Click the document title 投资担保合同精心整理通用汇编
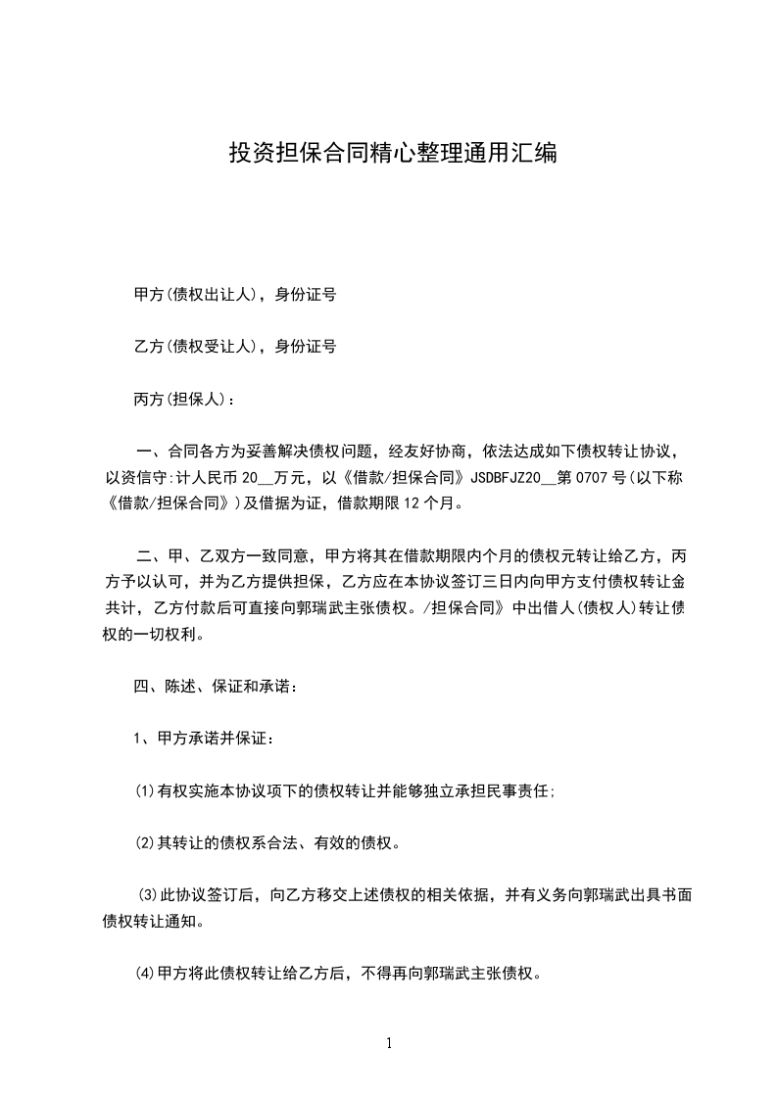point(392,153)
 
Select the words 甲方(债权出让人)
point(195,294)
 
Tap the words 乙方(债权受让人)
point(195,346)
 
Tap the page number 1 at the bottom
point(389,1043)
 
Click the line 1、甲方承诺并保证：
point(204,739)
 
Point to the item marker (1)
point(144,791)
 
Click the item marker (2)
point(144,843)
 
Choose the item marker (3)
point(147,895)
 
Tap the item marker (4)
point(144,975)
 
